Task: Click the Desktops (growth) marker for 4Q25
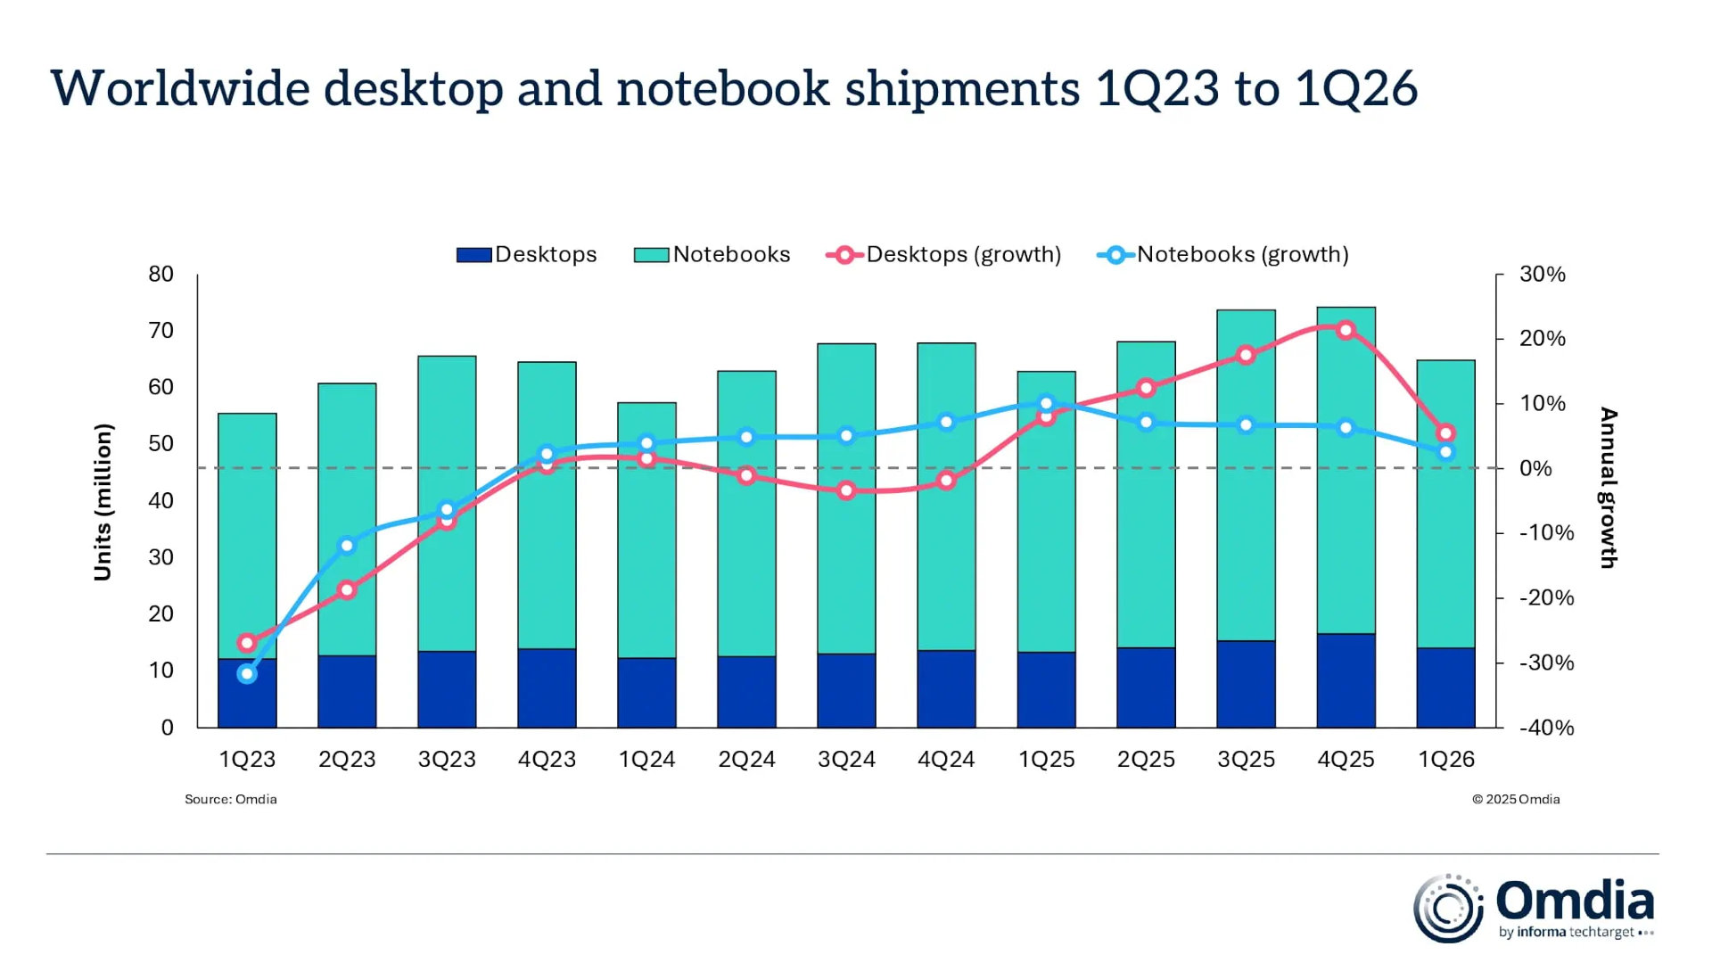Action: [x=1346, y=331]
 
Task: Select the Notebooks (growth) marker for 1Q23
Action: [x=247, y=674]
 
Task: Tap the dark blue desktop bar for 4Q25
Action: [x=1346, y=680]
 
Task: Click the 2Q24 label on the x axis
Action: [x=746, y=760]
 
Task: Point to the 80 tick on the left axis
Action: [x=161, y=275]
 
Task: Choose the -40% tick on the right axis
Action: [x=1546, y=728]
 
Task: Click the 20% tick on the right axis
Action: [x=1542, y=339]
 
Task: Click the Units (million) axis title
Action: [x=103, y=502]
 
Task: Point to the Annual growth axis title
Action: [x=1608, y=488]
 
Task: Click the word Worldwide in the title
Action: [x=180, y=89]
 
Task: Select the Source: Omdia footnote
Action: [x=230, y=800]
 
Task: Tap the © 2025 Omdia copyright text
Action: [x=1515, y=800]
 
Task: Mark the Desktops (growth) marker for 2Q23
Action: [x=347, y=590]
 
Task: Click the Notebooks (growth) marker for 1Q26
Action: [x=1445, y=452]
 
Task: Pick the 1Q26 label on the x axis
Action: [x=1445, y=760]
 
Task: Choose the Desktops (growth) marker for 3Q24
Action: [x=846, y=490]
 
